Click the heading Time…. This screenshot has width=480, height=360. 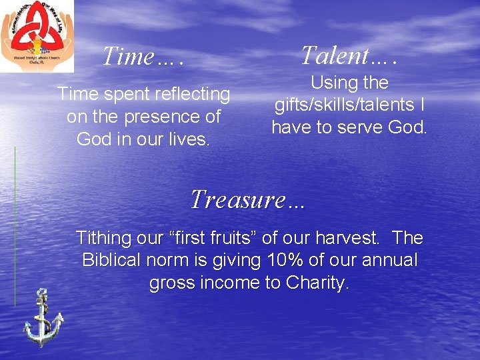click(x=143, y=57)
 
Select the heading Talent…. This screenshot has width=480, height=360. click(x=349, y=56)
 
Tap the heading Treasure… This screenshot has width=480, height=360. click(x=247, y=199)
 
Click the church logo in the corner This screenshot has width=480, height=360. click(x=37, y=35)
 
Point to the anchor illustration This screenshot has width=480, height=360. click(x=42, y=317)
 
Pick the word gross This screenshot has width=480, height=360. click(x=171, y=283)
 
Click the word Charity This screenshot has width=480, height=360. click(x=317, y=283)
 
